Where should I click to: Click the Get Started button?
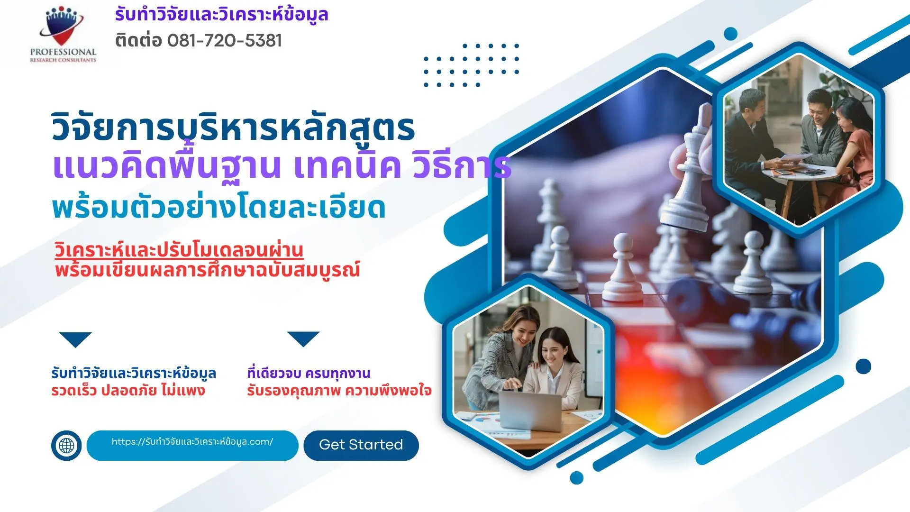tap(361, 445)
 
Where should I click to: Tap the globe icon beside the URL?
tap(66, 446)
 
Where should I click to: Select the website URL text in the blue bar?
tap(192, 442)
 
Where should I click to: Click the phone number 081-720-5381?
tap(225, 41)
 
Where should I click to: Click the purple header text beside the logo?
tap(221, 15)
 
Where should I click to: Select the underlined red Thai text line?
tap(179, 250)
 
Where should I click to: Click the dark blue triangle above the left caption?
tap(75, 339)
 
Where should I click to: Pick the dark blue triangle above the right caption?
tap(303, 338)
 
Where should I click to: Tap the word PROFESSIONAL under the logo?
tap(63, 52)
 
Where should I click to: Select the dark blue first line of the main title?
tap(233, 128)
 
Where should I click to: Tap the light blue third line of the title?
tap(218, 208)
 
